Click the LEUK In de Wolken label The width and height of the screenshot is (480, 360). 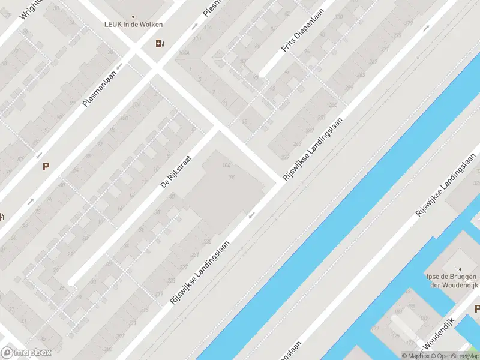coord(133,25)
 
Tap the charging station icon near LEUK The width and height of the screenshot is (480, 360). coord(159,43)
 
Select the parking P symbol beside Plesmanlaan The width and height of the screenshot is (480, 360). coord(45,167)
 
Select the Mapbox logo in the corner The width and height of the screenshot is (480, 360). coord(26,353)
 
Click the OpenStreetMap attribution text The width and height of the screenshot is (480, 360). coord(457,356)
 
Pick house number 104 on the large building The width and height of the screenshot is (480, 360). coord(226,166)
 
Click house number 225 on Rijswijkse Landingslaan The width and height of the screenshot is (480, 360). coord(208,241)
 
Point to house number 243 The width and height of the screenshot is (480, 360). coord(298,143)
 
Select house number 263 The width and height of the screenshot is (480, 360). coord(361,75)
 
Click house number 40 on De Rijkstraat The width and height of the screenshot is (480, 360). coord(172,196)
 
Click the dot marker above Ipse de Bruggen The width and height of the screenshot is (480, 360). coord(460,269)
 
